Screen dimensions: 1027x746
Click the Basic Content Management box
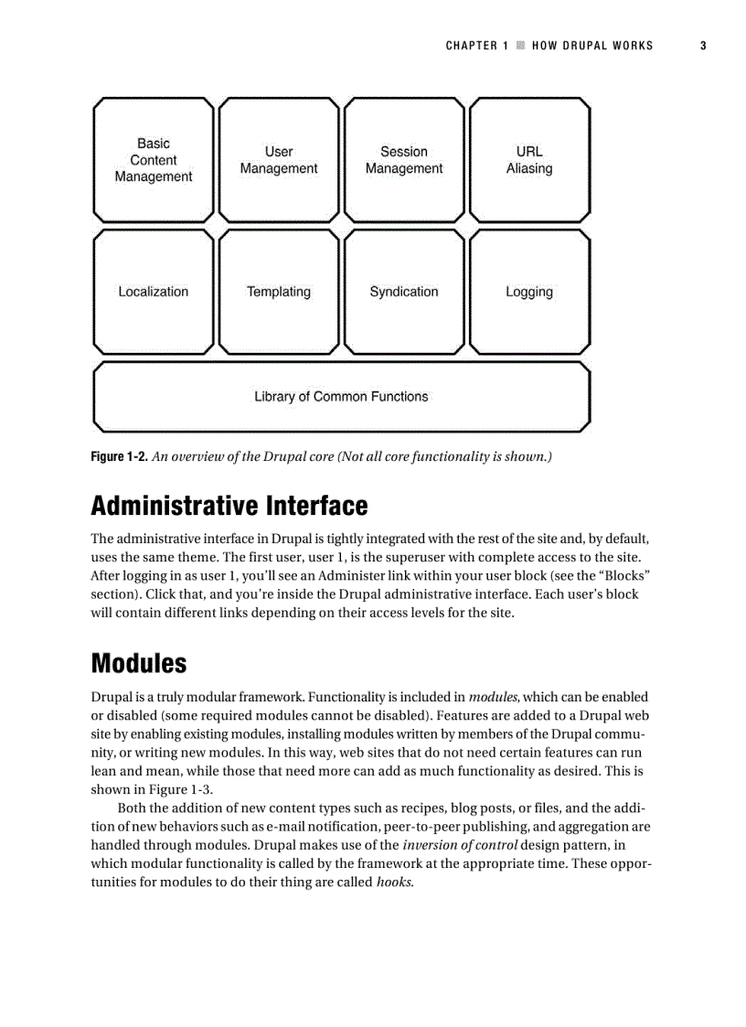(154, 160)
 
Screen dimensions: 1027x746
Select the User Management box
(279, 160)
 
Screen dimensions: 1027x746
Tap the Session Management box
(404, 160)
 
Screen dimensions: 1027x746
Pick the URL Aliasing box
(529, 160)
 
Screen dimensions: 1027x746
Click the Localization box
(154, 292)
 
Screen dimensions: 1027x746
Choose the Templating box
(279, 292)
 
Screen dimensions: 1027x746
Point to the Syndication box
(404, 292)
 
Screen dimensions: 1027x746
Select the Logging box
(529, 292)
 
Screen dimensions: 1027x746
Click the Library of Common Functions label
(341, 397)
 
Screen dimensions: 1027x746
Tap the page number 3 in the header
(703, 46)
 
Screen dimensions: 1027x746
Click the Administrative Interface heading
(229, 506)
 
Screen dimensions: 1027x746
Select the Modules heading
(139, 663)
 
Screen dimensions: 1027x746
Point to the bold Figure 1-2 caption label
(119, 456)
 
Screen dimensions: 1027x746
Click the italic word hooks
(394, 883)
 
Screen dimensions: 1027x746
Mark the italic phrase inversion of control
(460, 845)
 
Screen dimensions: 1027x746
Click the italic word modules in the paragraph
(494, 697)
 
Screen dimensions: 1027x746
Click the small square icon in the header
(520, 46)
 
